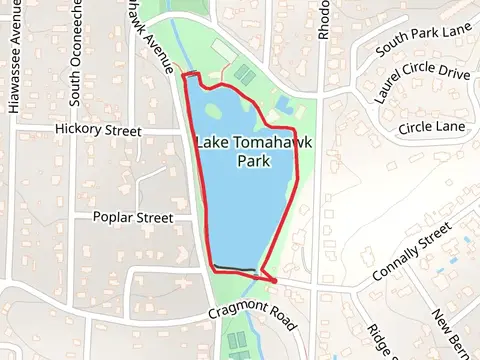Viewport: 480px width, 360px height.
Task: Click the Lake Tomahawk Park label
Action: (254, 151)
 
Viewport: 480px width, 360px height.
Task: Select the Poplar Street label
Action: (133, 217)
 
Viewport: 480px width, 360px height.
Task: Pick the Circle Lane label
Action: (432, 127)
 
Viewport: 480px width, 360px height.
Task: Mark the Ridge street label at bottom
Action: (379, 340)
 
